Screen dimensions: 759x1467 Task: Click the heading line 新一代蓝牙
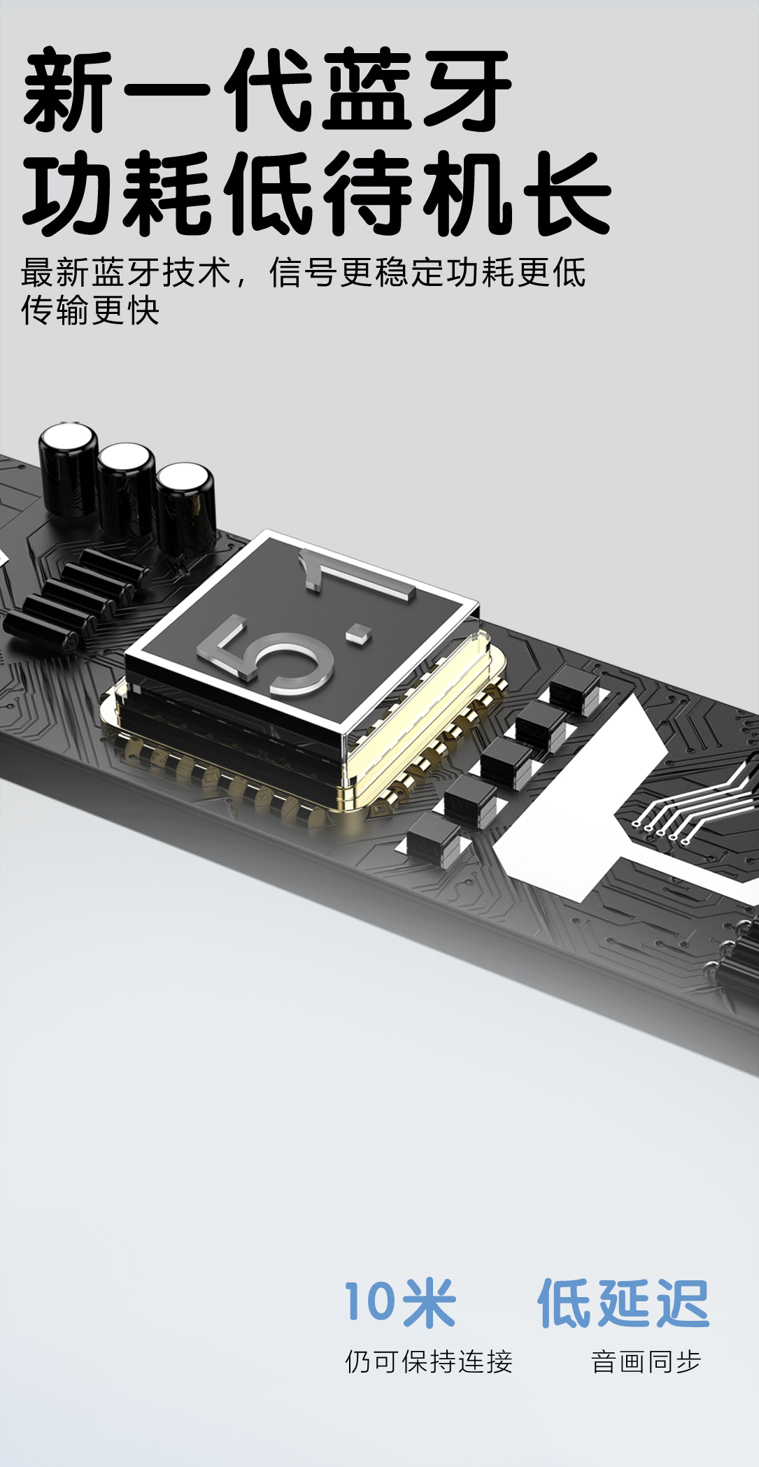[268, 90]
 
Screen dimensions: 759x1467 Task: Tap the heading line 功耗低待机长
[317, 193]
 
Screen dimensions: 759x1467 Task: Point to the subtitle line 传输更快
[90, 310]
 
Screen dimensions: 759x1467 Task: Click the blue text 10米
[399, 1303]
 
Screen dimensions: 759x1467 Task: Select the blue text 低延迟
[623, 1303]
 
